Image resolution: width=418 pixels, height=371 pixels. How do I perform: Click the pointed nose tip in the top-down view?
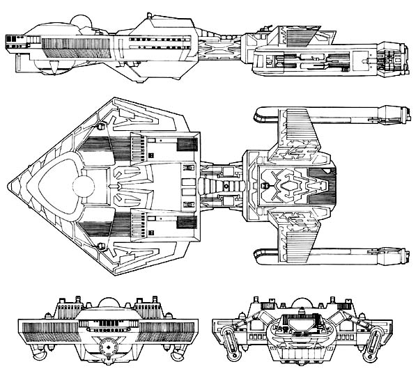pos(9,186)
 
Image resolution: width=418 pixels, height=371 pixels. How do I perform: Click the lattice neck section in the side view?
pos(223,45)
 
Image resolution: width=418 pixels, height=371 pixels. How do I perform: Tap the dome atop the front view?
pos(108,303)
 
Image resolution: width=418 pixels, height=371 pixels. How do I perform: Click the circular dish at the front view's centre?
pos(107,346)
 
